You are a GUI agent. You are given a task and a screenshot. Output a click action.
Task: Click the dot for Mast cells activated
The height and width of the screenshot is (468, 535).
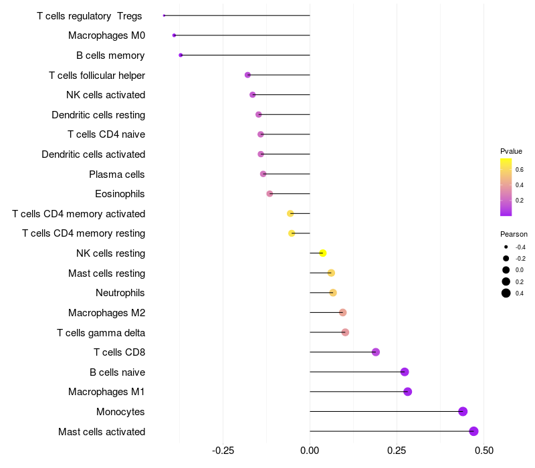point(473,431)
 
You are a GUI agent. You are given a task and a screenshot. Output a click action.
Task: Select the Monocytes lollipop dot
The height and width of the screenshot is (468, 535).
point(463,412)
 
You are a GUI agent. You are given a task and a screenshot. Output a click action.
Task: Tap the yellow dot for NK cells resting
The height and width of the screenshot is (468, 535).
point(323,253)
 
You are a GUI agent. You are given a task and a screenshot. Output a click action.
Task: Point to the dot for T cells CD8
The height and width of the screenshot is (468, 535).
point(376,352)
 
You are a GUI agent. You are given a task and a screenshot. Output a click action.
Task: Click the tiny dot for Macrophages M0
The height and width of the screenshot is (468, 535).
point(174,35)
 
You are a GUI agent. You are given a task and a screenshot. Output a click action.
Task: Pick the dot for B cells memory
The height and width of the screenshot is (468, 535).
point(181,55)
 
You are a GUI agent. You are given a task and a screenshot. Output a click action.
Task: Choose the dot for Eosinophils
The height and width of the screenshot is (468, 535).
point(270,194)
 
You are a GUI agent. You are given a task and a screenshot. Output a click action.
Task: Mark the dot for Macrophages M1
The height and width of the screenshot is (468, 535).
point(408,392)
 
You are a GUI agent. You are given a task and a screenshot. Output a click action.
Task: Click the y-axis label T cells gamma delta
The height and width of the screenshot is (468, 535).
point(101,332)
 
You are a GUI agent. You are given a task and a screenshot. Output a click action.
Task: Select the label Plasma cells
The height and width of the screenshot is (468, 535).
point(117,174)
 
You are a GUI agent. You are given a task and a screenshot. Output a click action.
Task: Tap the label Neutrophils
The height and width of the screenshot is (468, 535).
point(120,293)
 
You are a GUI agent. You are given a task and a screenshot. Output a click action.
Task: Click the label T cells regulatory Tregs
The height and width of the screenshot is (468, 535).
point(90,15)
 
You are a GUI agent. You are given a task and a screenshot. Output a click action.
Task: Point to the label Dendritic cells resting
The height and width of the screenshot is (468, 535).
point(98,115)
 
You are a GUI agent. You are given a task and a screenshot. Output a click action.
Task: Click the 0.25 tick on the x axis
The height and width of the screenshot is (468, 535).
point(397,451)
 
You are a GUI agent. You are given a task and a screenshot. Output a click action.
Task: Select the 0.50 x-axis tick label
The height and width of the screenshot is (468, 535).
point(484,451)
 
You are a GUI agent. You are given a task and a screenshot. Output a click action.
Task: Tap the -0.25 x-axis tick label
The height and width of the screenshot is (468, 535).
point(223,451)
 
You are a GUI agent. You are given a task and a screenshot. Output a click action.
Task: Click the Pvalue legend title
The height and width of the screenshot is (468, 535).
point(511,151)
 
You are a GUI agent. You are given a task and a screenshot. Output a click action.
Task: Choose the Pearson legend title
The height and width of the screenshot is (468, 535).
point(514,235)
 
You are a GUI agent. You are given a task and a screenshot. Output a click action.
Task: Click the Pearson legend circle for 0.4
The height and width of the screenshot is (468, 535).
point(506,293)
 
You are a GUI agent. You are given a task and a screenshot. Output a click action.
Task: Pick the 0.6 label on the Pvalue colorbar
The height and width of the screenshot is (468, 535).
point(520,169)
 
